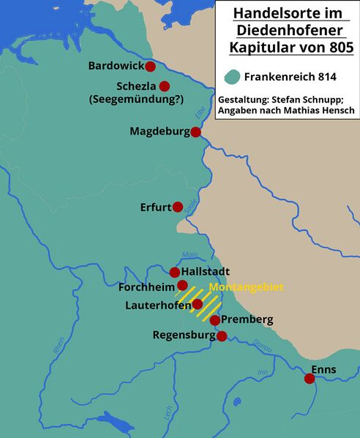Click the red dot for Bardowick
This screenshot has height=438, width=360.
point(150,67)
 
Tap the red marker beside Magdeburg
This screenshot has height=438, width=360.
point(195,132)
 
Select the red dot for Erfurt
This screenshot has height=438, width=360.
point(177,207)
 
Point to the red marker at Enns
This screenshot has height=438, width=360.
point(310,378)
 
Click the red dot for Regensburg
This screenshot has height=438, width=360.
point(222,336)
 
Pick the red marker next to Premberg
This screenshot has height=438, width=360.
point(214,320)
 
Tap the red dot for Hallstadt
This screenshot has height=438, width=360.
point(175,272)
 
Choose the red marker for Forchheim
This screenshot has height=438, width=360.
point(183,285)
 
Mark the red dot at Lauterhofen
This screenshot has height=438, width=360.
point(197,303)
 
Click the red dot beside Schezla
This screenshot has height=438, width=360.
point(165,86)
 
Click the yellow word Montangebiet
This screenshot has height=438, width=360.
point(246,287)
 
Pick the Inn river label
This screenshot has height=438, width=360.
point(262,372)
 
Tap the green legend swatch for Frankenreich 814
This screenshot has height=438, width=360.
point(233,76)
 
